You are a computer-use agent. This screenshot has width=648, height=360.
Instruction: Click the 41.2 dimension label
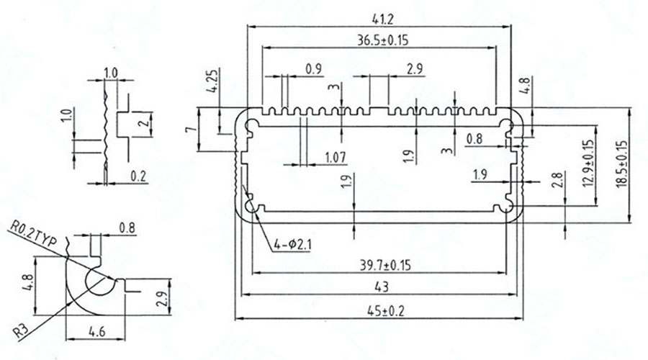point(378,15)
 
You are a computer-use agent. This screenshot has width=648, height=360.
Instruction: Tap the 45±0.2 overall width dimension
point(381,312)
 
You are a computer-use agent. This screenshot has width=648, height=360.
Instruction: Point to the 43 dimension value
point(381,287)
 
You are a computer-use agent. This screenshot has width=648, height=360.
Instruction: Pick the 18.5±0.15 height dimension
point(623,163)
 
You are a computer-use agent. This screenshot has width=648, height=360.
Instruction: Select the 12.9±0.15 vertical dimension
point(590,162)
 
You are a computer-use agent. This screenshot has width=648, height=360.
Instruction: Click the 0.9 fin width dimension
point(314,69)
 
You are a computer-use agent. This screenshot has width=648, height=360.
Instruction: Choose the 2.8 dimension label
point(556,181)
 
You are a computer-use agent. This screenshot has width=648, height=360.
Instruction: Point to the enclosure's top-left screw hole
point(251,127)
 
